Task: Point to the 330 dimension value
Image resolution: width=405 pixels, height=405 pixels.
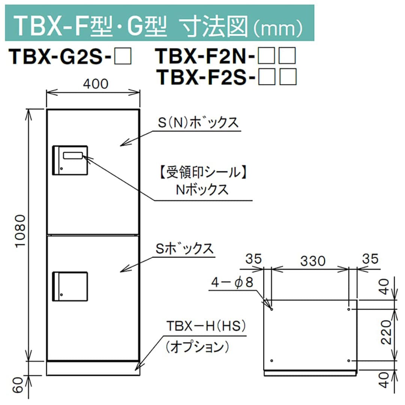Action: pyautogui.click(x=310, y=260)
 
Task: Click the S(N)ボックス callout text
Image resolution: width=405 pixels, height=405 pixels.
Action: pyautogui.click(x=198, y=123)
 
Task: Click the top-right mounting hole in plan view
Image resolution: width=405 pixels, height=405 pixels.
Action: pyautogui.click(x=349, y=309)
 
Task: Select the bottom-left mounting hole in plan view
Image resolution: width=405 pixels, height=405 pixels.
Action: pyautogui.click(x=272, y=360)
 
